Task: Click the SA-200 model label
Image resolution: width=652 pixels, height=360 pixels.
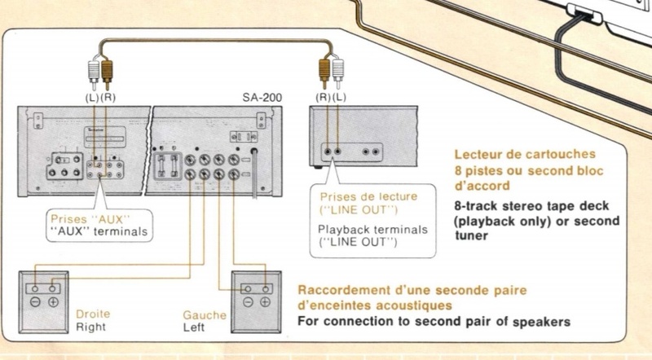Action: pyautogui.click(x=262, y=97)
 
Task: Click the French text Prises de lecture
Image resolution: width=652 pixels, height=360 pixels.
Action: pyautogui.click(x=356, y=197)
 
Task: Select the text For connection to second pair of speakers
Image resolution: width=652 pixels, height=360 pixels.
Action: pyautogui.click(x=434, y=321)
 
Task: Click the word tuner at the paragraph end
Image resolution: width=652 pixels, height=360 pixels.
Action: pyautogui.click(x=471, y=236)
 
